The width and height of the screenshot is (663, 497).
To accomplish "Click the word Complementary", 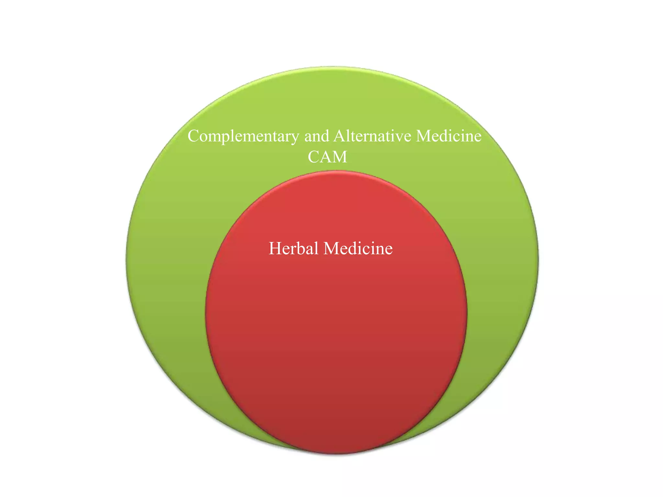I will pos(243,136).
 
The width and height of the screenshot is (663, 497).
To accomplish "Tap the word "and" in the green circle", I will pos(317,136).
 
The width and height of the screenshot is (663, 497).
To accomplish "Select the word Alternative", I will pos(372,136).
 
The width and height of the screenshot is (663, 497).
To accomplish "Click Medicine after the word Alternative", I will pos(449,136).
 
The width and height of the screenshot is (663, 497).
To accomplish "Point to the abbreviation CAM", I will pos(327,157).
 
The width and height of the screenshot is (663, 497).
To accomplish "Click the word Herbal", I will pos(294,248).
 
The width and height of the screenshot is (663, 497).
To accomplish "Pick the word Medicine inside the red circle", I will pos(358,248).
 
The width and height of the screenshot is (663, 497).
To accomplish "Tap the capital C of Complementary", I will pos(194,136).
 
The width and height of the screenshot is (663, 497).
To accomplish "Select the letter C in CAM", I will pos(313,157).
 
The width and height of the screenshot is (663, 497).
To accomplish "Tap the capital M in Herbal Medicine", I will pos(331,248).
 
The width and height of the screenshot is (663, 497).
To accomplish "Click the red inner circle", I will pos(336,340).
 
